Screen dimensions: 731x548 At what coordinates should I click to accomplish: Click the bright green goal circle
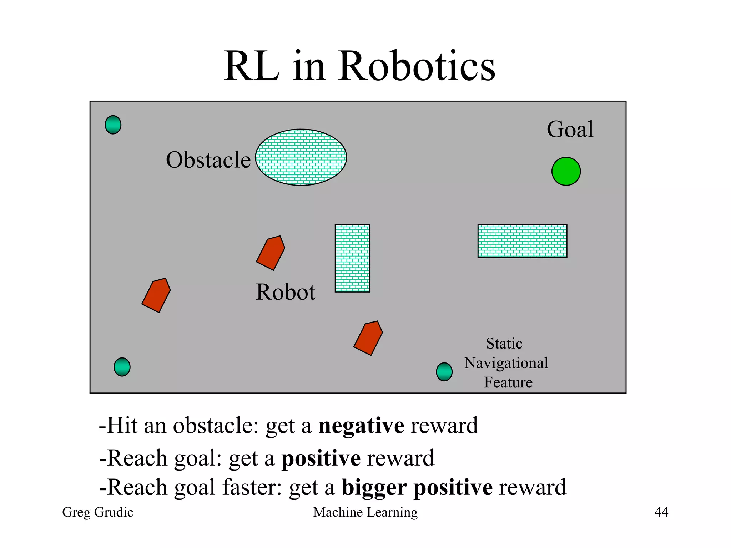566,171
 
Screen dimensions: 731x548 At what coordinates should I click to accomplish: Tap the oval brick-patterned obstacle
301,157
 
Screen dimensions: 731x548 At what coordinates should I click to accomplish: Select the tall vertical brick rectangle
352,258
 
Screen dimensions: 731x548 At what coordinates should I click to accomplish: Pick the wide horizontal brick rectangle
522,241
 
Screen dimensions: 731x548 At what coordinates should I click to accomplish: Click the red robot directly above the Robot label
271,253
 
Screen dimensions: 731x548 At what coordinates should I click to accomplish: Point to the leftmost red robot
156,295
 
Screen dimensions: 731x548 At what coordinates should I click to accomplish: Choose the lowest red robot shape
368,338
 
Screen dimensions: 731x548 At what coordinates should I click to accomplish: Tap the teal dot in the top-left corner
113,125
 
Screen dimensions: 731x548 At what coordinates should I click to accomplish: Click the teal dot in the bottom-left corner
122,367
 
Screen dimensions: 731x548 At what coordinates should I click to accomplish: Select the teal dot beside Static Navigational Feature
444,372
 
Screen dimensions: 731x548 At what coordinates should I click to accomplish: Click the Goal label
570,129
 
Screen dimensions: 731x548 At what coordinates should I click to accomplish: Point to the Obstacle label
208,160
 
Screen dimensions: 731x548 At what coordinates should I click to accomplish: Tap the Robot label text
286,292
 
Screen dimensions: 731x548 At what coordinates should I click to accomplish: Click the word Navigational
506,363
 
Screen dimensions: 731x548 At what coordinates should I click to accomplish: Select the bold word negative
361,426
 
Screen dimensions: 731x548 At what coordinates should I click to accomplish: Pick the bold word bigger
374,488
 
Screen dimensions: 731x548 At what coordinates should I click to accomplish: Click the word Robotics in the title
417,66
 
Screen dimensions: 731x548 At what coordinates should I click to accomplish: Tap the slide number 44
661,512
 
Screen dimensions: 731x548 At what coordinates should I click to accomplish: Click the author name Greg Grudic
97,512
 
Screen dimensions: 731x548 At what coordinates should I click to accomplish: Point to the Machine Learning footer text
365,512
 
